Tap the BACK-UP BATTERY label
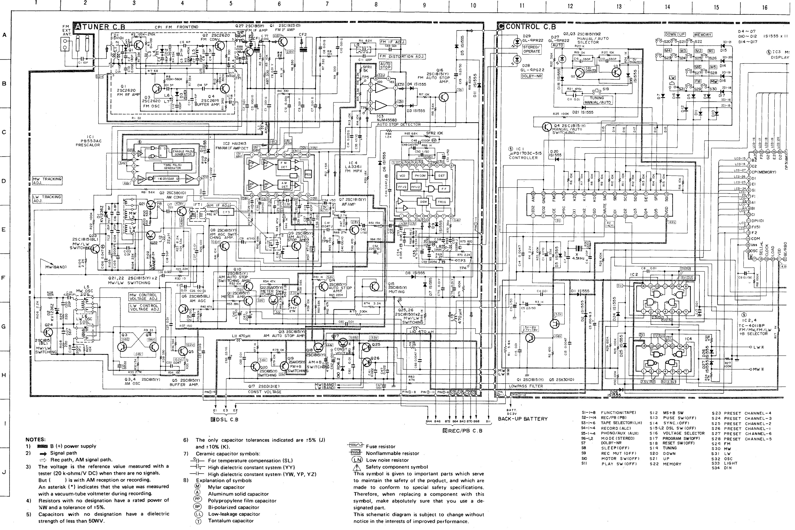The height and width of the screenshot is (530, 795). (523, 419)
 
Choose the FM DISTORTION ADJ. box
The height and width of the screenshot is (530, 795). (402, 56)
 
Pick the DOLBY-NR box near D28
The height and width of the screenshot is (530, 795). (531, 76)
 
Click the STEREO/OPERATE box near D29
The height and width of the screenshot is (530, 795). (531, 49)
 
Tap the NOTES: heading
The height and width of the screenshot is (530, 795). (36, 439)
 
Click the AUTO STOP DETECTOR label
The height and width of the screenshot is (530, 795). (399, 124)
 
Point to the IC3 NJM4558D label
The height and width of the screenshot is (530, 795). (387, 118)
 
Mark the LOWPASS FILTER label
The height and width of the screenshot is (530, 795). (526, 386)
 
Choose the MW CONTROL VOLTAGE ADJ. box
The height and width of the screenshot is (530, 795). (143, 297)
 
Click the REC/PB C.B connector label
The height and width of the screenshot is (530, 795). (462, 431)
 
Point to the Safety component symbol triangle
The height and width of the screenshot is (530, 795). (357, 467)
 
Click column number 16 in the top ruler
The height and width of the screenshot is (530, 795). (765, 7)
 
